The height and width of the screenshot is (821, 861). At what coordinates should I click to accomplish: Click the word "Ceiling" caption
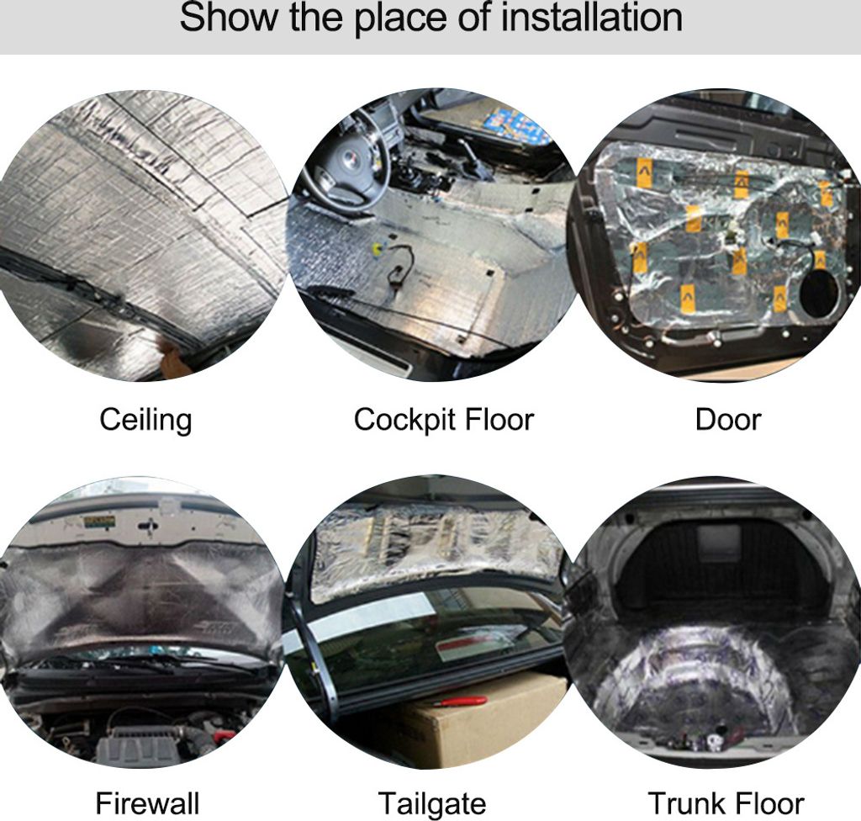(145, 421)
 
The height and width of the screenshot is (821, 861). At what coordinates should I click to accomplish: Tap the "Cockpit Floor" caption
(444, 421)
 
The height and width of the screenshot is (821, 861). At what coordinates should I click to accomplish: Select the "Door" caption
(727, 420)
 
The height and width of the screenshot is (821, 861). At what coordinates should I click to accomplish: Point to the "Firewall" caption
(147, 802)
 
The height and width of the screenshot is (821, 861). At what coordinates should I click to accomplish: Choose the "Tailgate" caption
(432, 804)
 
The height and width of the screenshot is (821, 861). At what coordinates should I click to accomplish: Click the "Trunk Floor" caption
(726, 802)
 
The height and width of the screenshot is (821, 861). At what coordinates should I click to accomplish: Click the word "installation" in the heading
(592, 18)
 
